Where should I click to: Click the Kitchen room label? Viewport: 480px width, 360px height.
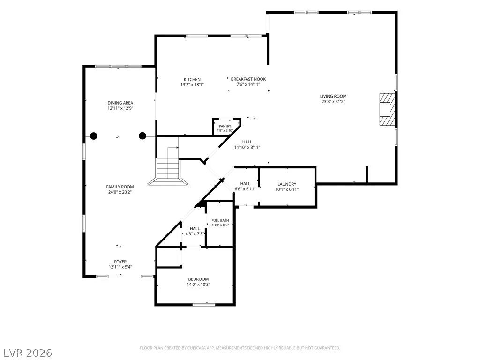pos(192,80)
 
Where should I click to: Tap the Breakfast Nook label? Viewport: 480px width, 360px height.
pos(248,79)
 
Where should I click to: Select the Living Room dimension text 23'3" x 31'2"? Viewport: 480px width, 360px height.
pos(333,102)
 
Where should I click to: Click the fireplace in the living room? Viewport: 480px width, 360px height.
pos(387,109)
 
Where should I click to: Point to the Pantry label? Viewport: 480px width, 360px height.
pos(225,126)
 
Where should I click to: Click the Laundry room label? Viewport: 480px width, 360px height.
pos(287,184)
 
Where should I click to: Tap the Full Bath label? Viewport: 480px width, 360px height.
pos(220,220)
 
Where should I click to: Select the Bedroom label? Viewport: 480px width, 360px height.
pos(198,279)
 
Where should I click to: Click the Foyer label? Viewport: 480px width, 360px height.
pos(120,262)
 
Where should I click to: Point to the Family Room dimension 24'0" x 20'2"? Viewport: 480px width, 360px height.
pos(120,192)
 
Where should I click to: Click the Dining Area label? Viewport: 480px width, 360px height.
pos(120,103)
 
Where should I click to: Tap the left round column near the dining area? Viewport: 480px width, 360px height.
pos(94,136)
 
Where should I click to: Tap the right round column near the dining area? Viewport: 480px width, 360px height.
pos(142,136)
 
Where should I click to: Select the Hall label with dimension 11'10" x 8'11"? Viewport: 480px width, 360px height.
pos(247,144)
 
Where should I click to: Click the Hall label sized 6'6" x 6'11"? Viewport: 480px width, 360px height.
pos(245,187)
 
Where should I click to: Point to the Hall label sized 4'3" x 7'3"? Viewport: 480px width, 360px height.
pos(195,231)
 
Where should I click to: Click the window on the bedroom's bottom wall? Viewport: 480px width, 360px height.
pos(204,305)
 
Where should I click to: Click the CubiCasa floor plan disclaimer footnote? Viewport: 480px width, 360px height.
pos(240,348)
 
